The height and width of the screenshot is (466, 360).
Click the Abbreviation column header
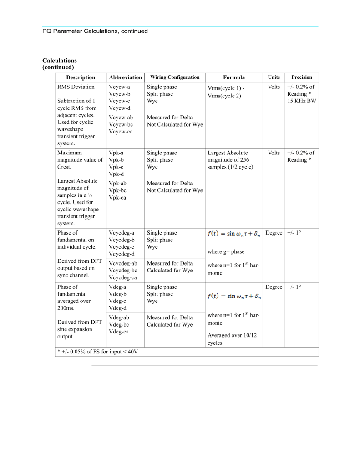(125, 77)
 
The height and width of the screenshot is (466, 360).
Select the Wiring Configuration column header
(175, 77)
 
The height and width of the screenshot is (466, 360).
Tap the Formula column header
(234, 77)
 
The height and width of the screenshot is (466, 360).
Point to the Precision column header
(302, 77)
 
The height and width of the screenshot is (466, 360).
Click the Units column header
(274, 77)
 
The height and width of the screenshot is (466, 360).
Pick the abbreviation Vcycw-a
(119, 87)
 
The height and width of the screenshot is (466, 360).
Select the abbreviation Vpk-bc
(117, 190)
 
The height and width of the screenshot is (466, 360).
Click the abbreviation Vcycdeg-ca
(123, 277)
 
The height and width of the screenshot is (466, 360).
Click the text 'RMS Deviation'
(76, 87)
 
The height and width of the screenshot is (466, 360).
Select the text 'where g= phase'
(226, 252)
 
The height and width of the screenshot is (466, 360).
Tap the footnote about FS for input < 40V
(97, 352)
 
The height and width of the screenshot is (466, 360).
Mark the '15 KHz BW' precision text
(301, 101)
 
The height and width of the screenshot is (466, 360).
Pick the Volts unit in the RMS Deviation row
(274, 87)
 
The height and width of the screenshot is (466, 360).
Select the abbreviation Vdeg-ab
(118, 317)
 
